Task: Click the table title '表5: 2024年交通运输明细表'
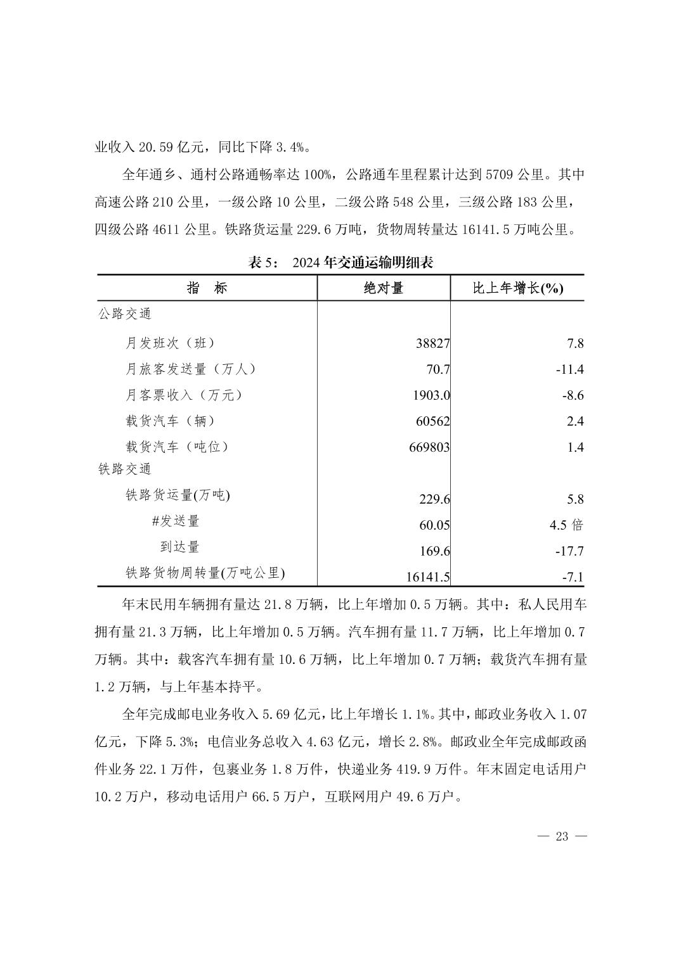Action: coord(340,262)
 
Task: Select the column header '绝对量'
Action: coord(384,288)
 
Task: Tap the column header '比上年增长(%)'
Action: coord(518,288)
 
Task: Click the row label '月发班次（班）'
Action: coord(170,343)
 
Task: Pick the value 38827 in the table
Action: coord(433,343)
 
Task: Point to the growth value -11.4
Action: coord(569,369)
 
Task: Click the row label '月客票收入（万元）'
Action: coord(184,395)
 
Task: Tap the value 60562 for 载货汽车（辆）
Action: coord(433,421)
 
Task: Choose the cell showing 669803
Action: coord(429,447)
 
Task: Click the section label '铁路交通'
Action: coord(125,469)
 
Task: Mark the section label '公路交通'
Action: coord(125,314)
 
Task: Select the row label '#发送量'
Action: coord(176,521)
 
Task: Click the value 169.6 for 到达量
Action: coord(435,551)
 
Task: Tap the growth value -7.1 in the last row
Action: coord(572,577)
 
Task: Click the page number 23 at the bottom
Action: coord(562,836)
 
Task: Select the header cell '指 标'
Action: coord(207,288)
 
